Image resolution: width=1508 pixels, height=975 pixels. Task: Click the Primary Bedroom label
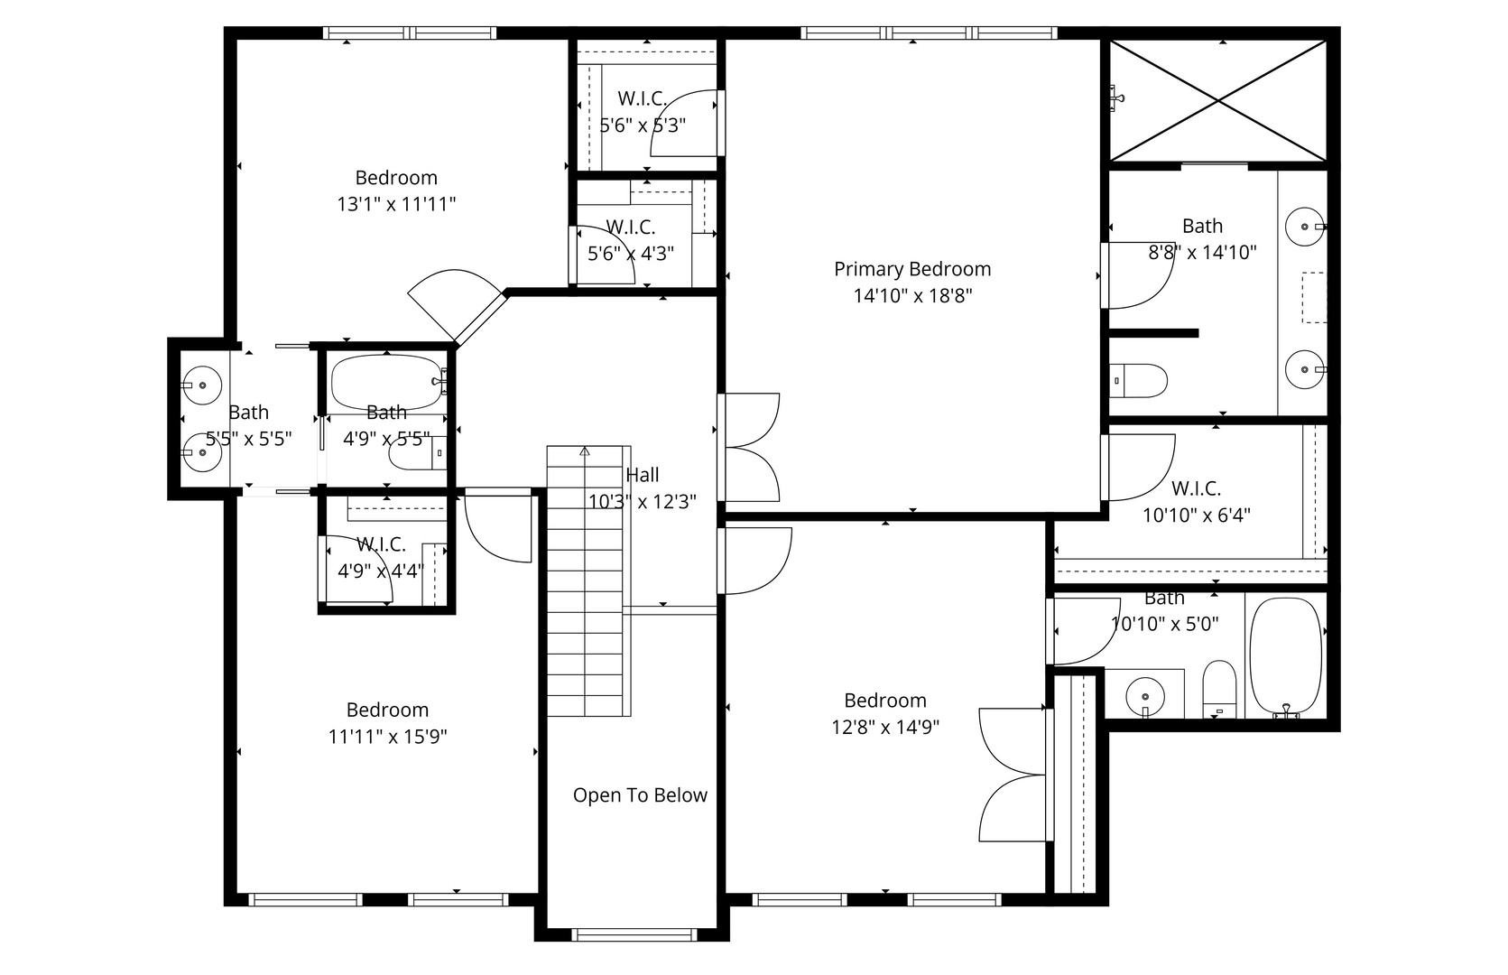(x=912, y=269)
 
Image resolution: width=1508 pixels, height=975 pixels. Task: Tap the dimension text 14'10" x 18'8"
(x=912, y=295)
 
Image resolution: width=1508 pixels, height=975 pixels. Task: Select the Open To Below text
(x=640, y=795)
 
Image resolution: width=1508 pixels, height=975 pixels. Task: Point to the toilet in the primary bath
(x=1138, y=380)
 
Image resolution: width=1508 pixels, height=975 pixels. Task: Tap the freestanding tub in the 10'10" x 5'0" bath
(x=1285, y=655)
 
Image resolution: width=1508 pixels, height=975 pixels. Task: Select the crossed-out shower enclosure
(x=1217, y=100)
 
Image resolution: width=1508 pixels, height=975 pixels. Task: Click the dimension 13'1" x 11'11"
(x=396, y=204)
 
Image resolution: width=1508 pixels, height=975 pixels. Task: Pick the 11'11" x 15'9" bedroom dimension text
(x=388, y=737)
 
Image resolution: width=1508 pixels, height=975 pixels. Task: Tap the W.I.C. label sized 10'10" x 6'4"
(x=1196, y=488)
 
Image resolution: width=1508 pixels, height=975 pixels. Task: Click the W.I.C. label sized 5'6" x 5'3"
(x=642, y=98)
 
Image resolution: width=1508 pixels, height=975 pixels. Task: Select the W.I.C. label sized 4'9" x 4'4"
(x=381, y=544)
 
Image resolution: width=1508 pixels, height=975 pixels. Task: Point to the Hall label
(x=643, y=475)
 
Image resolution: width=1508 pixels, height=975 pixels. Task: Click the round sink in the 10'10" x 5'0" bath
(x=1145, y=696)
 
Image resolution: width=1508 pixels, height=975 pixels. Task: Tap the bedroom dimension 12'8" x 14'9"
(x=885, y=727)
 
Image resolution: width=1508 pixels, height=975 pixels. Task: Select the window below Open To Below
(x=636, y=934)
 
